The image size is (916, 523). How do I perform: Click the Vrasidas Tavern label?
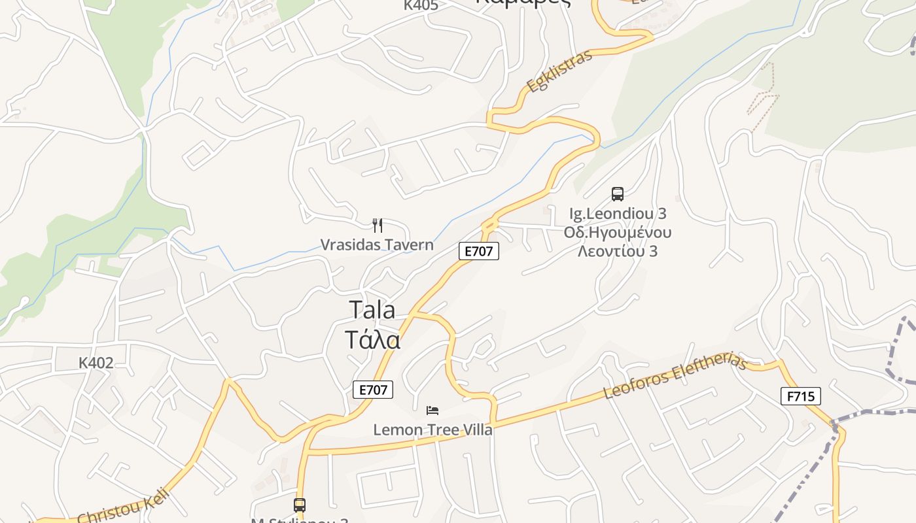(x=377, y=245)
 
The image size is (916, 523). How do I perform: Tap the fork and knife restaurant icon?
(x=378, y=226)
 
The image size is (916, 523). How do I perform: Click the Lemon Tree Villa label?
(x=432, y=430)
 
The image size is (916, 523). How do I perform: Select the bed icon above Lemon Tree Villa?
(x=432, y=411)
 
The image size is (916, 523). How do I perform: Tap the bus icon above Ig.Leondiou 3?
(x=618, y=194)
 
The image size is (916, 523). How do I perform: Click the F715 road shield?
(x=800, y=396)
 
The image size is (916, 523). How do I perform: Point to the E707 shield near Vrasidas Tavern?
(x=479, y=251)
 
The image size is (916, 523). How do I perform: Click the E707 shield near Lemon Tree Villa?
(x=374, y=390)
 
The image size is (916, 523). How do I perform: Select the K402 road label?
(x=96, y=363)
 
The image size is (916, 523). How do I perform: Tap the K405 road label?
(x=421, y=5)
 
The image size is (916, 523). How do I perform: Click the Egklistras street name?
(x=560, y=71)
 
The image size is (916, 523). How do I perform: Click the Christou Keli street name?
(x=124, y=506)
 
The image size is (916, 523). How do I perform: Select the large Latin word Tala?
(x=372, y=309)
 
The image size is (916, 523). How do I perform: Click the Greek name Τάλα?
(x=372, y=340)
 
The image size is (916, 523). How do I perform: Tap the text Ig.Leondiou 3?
(x=618, y=214)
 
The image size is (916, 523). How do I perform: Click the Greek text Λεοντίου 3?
(x=618, y=251)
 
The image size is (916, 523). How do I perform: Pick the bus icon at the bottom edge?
(x=300, y=505)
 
